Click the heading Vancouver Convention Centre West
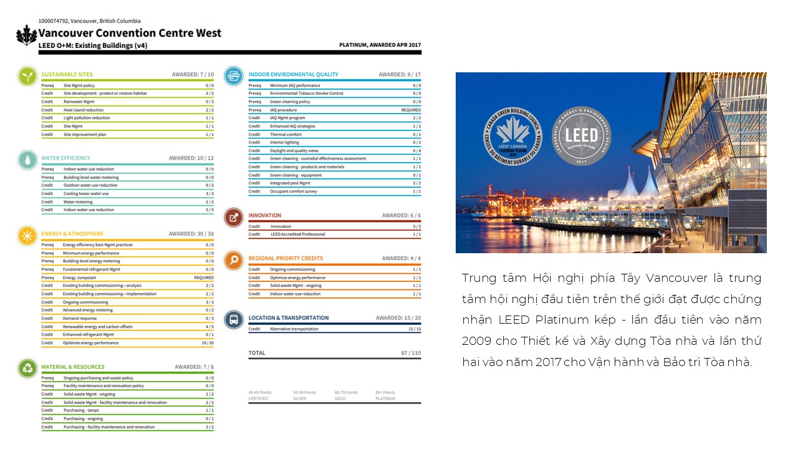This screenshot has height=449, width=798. click(130, 34)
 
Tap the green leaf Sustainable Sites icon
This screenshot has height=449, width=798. click(27, 75)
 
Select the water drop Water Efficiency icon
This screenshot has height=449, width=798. click(27, 159)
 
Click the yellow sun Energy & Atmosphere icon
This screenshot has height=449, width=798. click(27, 235)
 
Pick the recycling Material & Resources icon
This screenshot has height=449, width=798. click(27, 368)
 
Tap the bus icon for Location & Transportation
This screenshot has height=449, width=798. click(234, 320)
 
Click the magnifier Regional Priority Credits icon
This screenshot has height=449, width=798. click(234, 260)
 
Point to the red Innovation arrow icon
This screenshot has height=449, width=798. click(234, 217)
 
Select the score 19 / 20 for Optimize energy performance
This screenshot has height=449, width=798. click(208, 343)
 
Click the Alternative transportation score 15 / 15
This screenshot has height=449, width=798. click(414, 329)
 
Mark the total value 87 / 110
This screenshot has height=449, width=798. click(411, 353)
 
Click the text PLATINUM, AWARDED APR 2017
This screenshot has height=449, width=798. click(380, 45)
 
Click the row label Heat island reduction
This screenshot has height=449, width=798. click(84, 110)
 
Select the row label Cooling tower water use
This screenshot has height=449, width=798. click(86, 194)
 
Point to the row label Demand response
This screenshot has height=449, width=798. click(79, 318)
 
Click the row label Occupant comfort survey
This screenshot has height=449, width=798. click(293, 191)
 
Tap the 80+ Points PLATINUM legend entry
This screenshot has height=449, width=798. click(385, 395)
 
